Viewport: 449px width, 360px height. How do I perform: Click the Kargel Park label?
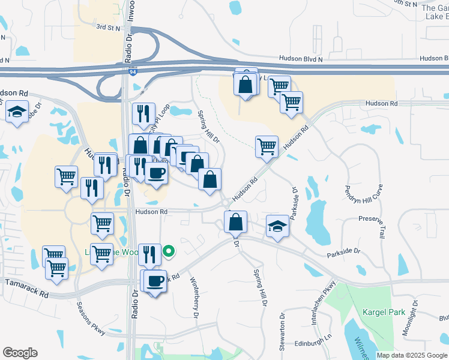(384, 312)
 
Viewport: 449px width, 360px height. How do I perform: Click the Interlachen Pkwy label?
(321, 303)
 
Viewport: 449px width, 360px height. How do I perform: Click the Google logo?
(20, 353)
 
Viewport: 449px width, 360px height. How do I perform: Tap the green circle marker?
(169, 252)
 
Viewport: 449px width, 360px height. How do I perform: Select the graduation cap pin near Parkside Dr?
(277, 226)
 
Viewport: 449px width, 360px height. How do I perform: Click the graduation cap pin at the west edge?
(17, 112)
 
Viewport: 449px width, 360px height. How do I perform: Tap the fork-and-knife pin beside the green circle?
(149, 254)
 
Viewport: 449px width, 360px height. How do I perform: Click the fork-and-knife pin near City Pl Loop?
(143, 113)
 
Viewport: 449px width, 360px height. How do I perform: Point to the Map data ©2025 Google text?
(412, 355)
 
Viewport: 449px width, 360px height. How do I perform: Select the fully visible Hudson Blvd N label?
(301, 59)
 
